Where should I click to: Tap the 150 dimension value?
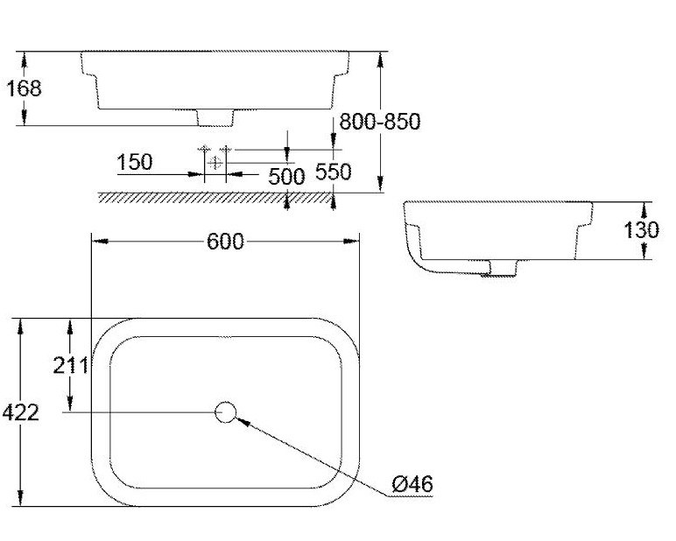pos(134,162)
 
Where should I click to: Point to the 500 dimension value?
pos(286,176)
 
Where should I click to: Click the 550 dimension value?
pos(333,172)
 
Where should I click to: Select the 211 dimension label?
pos(70,366)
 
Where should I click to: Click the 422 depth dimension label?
pos(21,412)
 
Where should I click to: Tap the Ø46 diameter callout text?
pos(413,483)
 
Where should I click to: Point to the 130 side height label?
pos(642,230)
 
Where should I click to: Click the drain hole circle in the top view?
pos(226,411)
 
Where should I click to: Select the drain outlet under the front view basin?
pos(215,116)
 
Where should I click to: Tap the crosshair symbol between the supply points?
pos(215,162)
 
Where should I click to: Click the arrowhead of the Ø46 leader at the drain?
pos(242,419)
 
